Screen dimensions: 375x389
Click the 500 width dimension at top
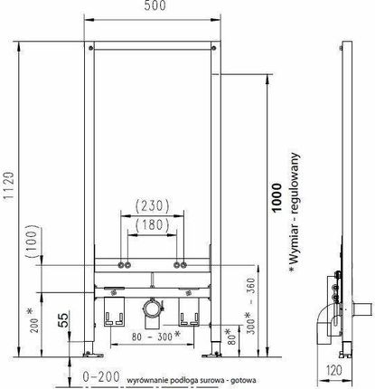pyautogui.click(x=155, y=5)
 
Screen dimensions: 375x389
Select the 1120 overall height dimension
pyautogui.click(x=9, y=185)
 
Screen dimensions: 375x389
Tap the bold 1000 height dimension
pyautogui.click(x=276, y=198)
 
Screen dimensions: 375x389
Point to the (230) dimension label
pyautogui.click(x=152, y=206)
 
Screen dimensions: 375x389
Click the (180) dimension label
pyautogui.click(x=152, y=225)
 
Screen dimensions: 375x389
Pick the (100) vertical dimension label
pyautogui.click(x=32, y=241)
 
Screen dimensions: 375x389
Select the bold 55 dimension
pyautogui.click(x=63, y=320)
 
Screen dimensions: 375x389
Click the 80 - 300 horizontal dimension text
pyautogui.click(x=156, y=336)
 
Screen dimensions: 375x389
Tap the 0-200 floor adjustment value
pyautogui.click(x=101, y=376)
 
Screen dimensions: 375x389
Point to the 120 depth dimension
pyautogui.click(x=334, y=370)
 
